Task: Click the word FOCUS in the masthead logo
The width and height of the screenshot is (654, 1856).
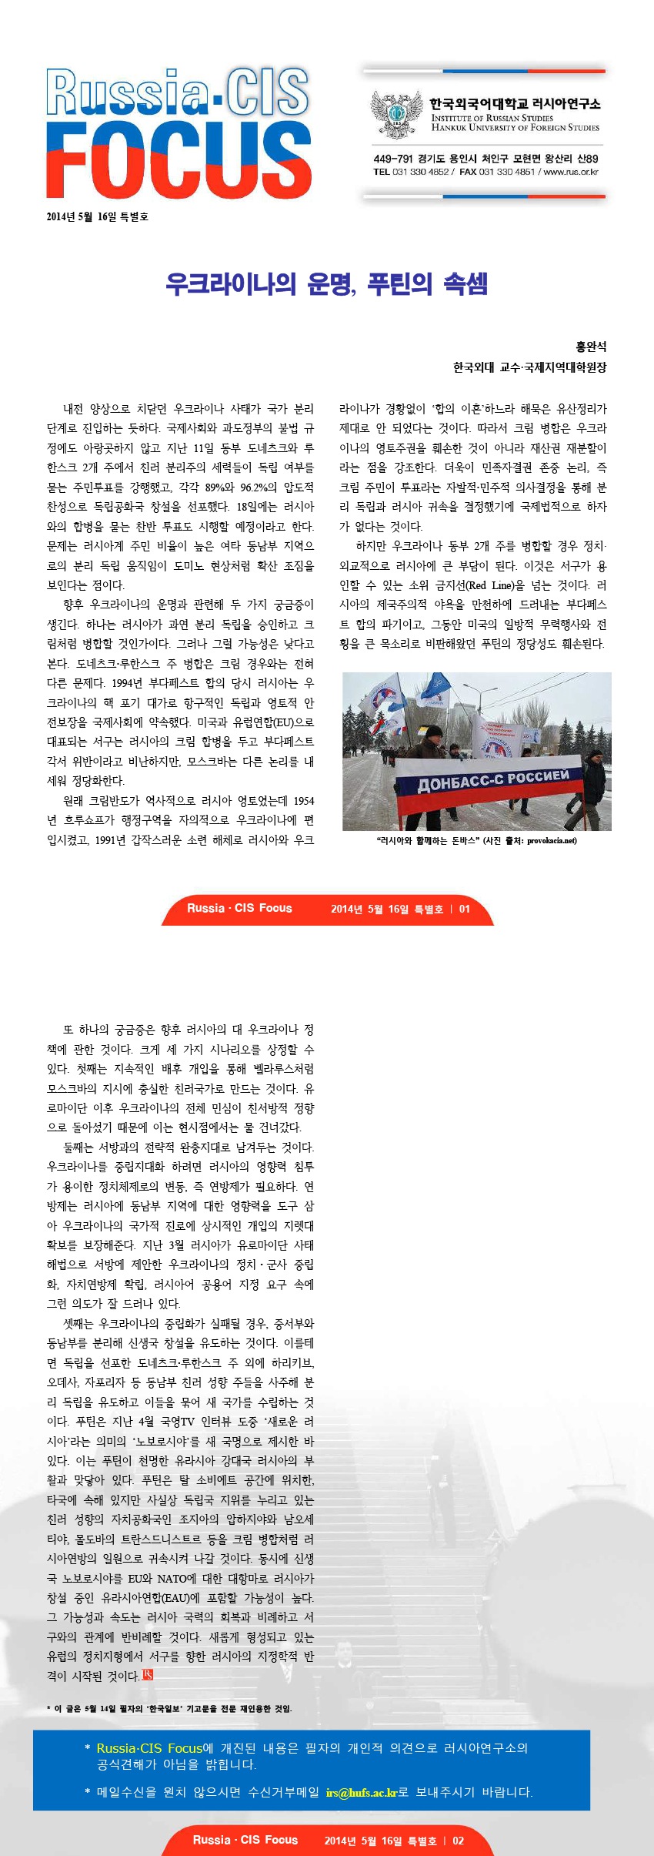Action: pos(179,162)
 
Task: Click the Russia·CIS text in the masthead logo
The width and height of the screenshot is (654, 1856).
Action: pos(178,92)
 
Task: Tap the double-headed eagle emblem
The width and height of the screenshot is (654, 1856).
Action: pos(396,113)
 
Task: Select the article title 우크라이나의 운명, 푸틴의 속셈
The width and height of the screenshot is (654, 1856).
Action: pos(326,284)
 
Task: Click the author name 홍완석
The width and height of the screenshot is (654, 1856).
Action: pos(591,347)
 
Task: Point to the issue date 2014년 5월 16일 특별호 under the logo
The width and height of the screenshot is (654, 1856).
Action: pos(97,216)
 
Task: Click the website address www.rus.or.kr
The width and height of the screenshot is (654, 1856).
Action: pos(571,172)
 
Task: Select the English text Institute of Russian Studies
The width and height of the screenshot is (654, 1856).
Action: pos(492,118)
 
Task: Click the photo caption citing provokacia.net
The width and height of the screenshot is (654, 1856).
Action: pos(476,840)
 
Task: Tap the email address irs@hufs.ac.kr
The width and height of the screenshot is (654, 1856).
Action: pos(362,1792)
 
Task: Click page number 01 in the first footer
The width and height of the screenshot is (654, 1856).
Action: pos(465,909)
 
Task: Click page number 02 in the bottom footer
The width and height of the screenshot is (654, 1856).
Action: pos(458,1841)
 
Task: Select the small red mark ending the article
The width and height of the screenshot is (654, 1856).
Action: pos(148,1674)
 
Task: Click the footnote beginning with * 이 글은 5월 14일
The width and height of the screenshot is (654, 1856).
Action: pos(169,1708)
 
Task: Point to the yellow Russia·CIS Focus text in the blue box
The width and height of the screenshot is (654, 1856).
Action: pos(149,1748)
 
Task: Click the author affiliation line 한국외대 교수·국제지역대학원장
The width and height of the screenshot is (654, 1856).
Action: pos(529,367)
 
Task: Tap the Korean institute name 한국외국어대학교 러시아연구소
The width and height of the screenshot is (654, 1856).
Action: pos(515,103)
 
